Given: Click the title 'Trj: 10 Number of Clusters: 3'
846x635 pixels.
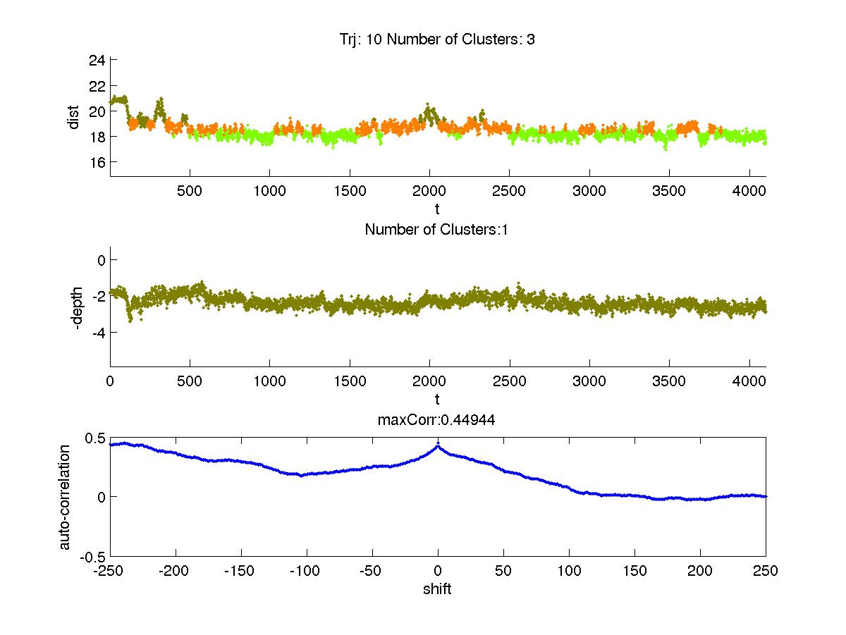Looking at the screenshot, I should click(x=437, y=39).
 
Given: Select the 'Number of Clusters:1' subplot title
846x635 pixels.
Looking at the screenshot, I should click(x=437, y=229).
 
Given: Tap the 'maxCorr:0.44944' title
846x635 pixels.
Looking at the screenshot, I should click(x=437, y=420).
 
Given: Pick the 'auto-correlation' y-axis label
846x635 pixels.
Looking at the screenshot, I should click(x=65, y=497).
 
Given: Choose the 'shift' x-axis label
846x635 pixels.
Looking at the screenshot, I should click(x=437, y=589).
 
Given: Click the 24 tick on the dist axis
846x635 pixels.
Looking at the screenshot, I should click(x=97, y=61).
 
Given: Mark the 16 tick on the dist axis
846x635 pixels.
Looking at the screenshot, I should click(x=97, y=162).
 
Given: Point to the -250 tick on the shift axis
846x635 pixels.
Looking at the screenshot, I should click(x=110, y=571).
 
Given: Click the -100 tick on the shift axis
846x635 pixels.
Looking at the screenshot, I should click(x=306, y=571).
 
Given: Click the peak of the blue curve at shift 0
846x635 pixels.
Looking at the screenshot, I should click(x=438, y=445).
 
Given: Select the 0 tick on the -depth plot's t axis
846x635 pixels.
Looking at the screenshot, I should click(x=110, y=381).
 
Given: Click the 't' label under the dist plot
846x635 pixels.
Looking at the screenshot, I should click(x=437, y=209).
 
